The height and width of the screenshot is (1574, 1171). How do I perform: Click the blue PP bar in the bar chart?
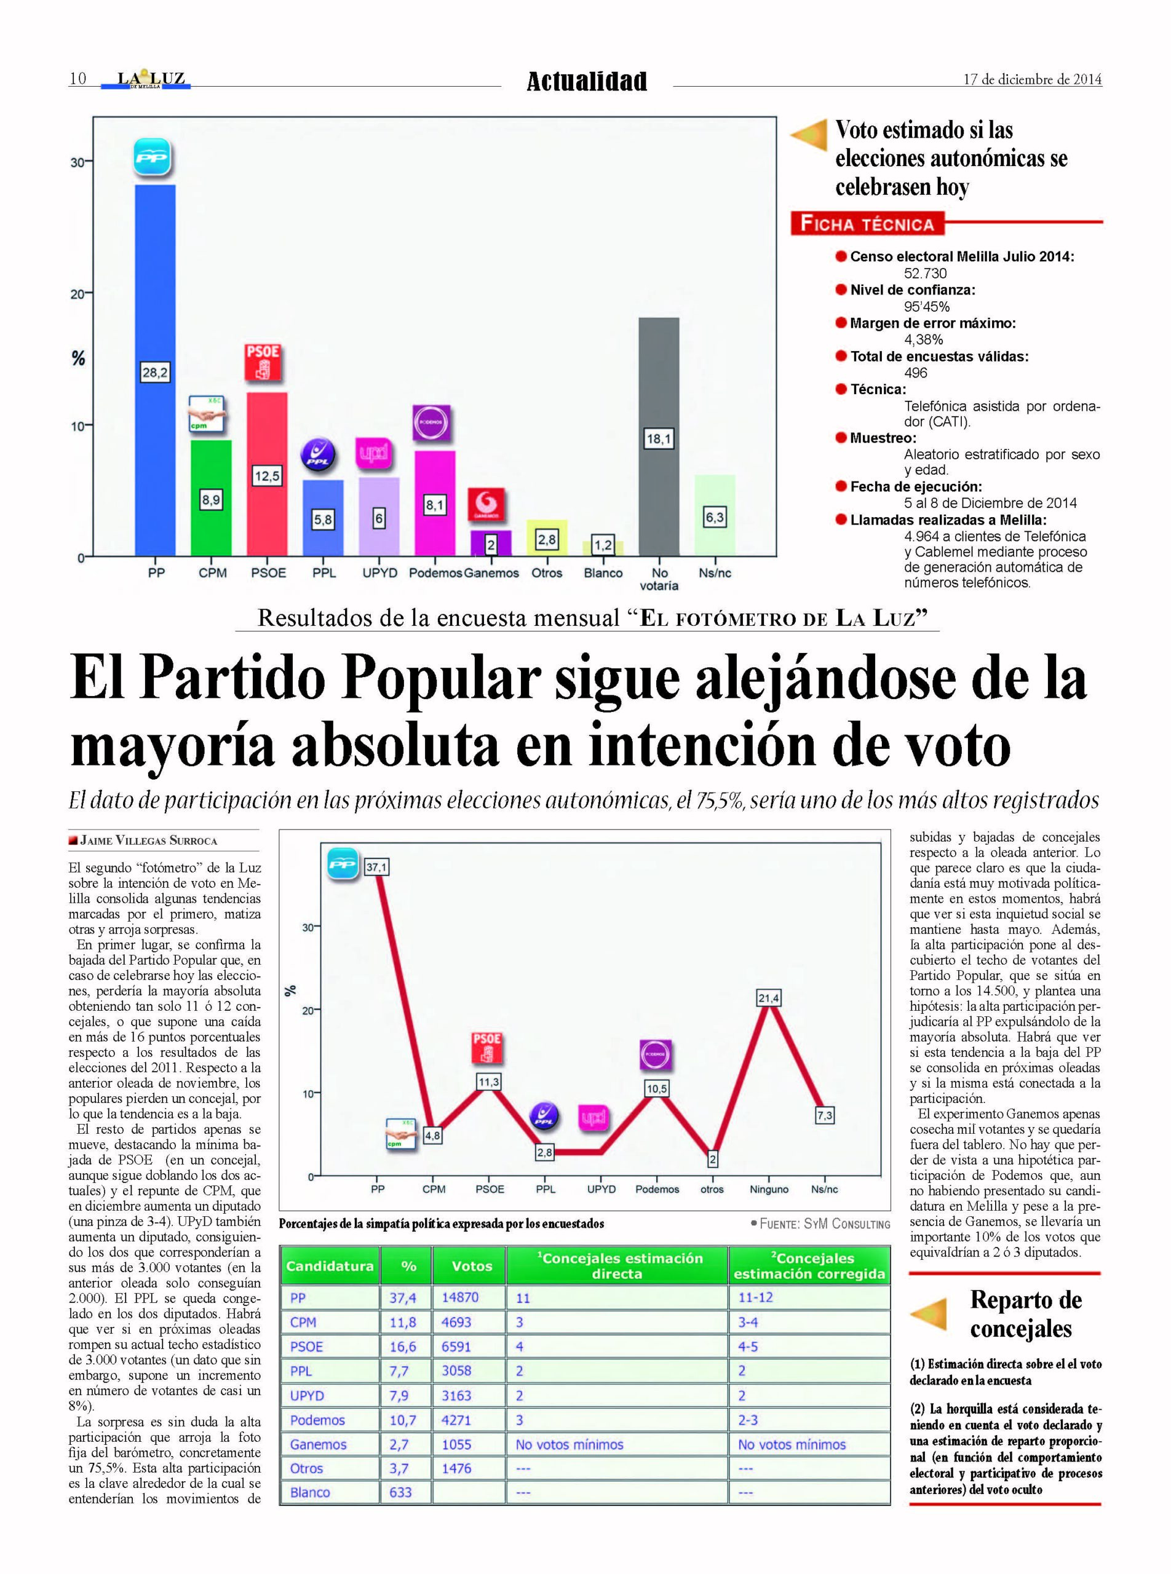click(154, 370)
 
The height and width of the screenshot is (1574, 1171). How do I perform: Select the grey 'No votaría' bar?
click(659, 437)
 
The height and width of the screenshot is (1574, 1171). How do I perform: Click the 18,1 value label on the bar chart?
click(659, 438)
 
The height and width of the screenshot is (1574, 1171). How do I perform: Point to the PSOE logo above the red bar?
click(264, 362)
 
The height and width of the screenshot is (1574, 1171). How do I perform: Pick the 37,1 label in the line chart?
click(376, 867)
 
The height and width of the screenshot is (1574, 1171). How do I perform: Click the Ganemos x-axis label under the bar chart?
click(491, 572)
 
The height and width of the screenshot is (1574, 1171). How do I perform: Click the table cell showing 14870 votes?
click(460, 1297)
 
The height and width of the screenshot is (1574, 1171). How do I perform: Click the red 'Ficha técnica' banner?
click(867, 224)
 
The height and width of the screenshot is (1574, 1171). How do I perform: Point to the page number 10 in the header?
click(77, 78)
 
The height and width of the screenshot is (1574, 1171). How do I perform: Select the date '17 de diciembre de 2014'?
click(1032, 79)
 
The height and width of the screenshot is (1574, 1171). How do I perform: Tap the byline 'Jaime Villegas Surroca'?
click(148, 840)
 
